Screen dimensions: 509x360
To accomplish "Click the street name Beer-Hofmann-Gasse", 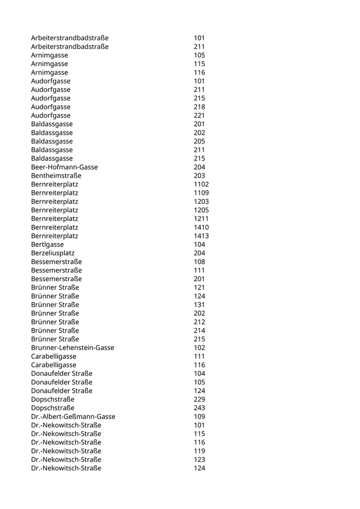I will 64,167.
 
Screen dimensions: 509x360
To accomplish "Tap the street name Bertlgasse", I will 47,244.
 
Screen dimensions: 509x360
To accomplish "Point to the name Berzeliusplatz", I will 52,253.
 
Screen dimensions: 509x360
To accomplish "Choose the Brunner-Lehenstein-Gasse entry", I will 73,348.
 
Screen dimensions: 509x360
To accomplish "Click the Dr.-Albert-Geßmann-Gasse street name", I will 73,416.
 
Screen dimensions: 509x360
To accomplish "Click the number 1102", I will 201,184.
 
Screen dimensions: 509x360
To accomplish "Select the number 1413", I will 201,236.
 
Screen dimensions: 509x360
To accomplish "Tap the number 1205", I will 201,210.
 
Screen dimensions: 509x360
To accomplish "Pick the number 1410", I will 201,227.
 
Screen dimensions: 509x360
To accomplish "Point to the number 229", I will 199,399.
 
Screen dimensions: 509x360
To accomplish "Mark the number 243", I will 199,408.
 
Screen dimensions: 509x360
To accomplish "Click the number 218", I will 199,107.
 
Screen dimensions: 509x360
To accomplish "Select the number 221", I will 199,116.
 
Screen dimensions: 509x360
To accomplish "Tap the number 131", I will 199,304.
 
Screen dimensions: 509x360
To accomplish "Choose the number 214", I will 199,331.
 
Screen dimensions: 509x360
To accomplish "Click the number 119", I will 199,451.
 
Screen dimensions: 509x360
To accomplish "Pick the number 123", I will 199,459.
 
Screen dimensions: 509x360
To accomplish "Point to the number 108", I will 199,262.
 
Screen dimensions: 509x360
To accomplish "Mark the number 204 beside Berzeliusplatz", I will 199,253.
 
